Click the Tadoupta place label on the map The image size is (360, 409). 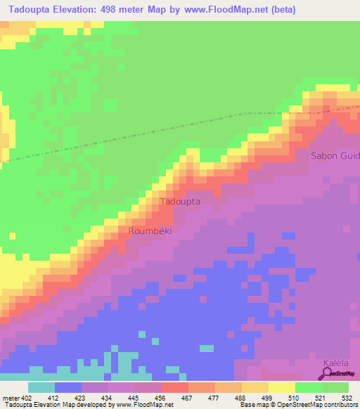coord(181,202)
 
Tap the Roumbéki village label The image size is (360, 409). coord(150,231)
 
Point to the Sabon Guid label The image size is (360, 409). coord(335,155)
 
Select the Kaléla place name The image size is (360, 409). coord(335,363)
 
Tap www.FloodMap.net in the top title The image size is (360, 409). coord(221,10)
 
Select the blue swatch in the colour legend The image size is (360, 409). coord(67,388)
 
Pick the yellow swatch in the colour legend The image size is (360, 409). coord(281,388)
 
